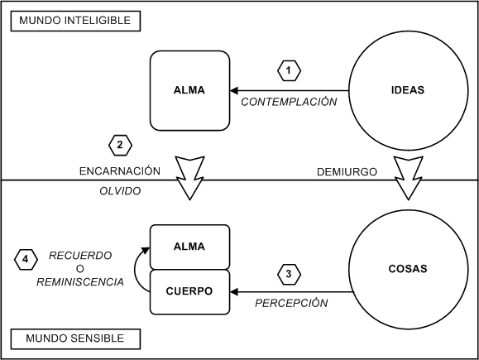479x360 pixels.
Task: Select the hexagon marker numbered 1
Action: click(x=289, y=70)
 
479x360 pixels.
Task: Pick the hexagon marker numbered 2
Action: click(x=120, y=145)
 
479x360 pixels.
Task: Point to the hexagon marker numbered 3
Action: click(x=289, y=274)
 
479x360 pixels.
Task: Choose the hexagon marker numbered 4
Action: click(x=26, y=260)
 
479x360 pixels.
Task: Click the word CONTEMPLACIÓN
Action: click(x=289, y=102)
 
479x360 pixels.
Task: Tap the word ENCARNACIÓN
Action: click(x=120, y=170)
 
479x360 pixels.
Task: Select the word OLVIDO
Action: click(x=120, y=191)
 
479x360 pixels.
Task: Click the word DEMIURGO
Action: click(x=347, y=172)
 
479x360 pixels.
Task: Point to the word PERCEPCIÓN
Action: click(x=291, y=303)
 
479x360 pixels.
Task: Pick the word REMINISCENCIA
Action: click(x=80, y=281)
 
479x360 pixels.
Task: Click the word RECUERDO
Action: click(x=80, y=256)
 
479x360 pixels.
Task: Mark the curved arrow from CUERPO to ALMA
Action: click(x=135, y=270)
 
